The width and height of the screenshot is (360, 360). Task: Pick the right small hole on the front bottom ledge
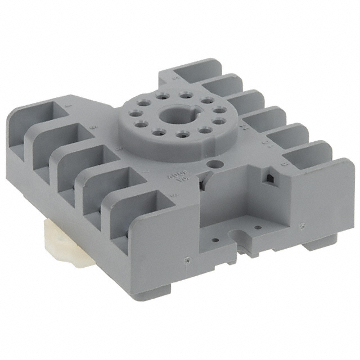(x=258, y=228)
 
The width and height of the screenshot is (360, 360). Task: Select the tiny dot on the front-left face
(x=186, y=261)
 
